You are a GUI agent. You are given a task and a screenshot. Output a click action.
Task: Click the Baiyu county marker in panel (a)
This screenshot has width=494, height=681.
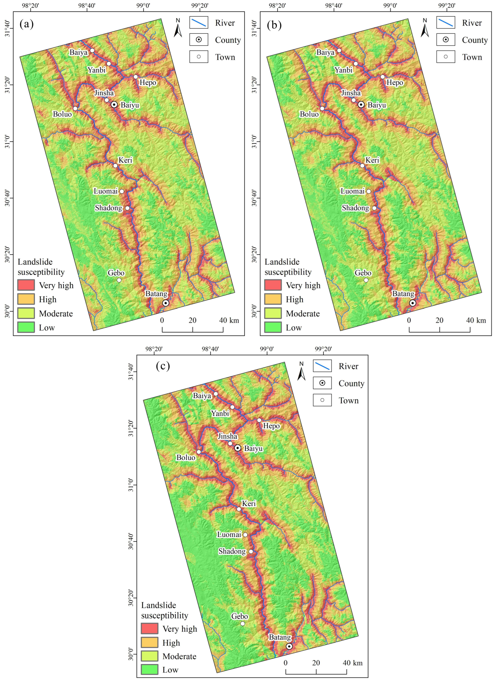pos(114,104)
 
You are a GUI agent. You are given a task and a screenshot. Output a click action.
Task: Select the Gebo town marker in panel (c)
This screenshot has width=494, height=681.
pos(243,624)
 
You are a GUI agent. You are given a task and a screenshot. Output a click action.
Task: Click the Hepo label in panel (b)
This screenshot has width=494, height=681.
pos(395,83)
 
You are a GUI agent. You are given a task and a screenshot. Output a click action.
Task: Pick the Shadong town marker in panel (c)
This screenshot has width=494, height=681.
pos(251,552)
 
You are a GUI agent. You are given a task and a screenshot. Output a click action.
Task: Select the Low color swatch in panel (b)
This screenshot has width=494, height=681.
pos(273,327)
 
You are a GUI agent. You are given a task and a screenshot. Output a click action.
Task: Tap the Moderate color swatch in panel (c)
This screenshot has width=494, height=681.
pos(150,656)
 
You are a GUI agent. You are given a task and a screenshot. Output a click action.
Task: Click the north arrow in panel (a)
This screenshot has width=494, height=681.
pos(178,28)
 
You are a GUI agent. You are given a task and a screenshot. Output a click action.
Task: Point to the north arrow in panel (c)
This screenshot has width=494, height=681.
pos(302,371)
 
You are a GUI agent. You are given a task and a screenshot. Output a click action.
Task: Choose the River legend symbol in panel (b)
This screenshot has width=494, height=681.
pos(446,23)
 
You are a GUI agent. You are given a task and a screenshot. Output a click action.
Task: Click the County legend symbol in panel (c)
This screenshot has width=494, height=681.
pos(322,383)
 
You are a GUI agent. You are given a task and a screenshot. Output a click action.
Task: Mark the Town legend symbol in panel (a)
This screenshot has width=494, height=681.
pos(199,57)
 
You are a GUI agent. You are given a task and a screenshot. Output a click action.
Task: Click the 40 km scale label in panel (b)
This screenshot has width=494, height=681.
pos(476,320)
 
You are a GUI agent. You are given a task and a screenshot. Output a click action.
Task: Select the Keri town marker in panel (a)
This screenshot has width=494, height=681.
pos(115,166)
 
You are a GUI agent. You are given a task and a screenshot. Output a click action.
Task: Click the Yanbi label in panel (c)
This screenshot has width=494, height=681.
pos(220,413)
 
